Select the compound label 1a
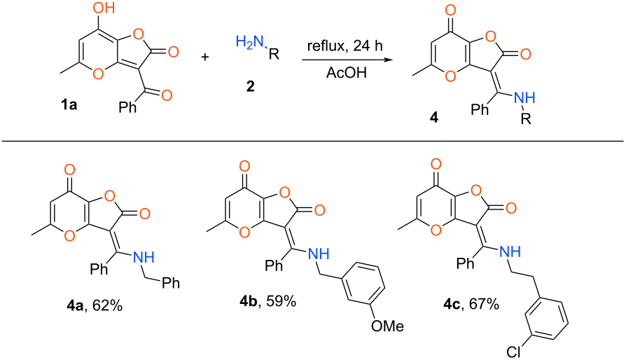click(x=69, y=105)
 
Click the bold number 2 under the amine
click(x=250, y=86)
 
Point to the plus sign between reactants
click(x=204, y=57)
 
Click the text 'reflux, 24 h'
click(x=345, y=46)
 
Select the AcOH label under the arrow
click(x=346, y=73)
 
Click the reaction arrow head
click(x=386, y=60)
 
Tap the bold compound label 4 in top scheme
click(x=434, y=118)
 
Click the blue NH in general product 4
click(x=524, y=97)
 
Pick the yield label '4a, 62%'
click(x=95, y=306)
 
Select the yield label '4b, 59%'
click(x=268, y=301)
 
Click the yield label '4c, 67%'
click(x=471, y=304)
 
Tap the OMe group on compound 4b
click(x=388, y=326)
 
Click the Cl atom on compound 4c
click(x=514, y=352)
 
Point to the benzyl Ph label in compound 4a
click(x=170, y=283)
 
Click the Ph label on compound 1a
click(x=127, y=107)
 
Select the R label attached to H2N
click(x=274, y=54)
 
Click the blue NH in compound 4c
click(x=510, y=251)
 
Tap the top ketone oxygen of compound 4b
click(x=245, y=166)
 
